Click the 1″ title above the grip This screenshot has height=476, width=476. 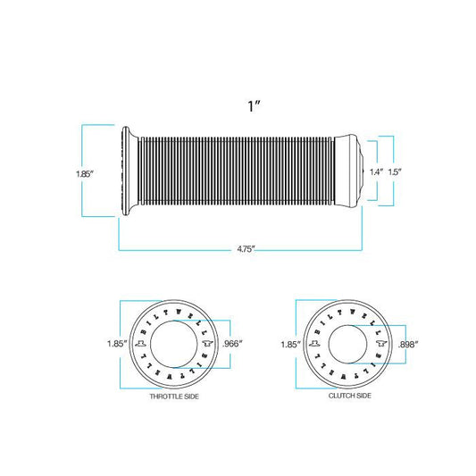[x=255, y=106]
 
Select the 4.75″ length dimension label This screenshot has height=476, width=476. [x=246, y=249]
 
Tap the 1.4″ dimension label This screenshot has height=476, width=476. [x=377, y=172]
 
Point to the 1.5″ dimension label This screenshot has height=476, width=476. [x=395, y=172]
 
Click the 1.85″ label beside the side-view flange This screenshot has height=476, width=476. [x=85, y=174]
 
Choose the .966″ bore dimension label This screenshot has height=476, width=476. [x=233, y=344]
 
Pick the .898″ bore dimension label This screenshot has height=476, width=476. [x=409, y=344]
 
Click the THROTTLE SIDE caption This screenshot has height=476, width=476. [x=174, y=397]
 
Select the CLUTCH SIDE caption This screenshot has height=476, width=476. [x=350, y=396]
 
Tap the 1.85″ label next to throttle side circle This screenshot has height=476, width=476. [x=117, y=344]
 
